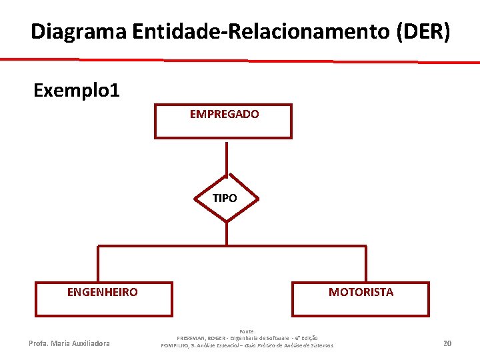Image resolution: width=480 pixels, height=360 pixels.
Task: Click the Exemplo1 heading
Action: tap(77, 90)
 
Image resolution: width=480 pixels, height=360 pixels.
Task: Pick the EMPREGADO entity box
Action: tap(223, 127)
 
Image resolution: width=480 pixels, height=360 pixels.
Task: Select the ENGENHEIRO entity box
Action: tap(103, 303)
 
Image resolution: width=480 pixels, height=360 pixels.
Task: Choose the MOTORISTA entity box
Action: tap(361, 303)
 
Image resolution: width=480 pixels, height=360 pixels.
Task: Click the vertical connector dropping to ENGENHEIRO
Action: tap(98, 263)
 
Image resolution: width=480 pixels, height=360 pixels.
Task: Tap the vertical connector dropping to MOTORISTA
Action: tap(365, 263)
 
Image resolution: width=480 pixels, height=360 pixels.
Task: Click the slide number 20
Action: tap(447, 343)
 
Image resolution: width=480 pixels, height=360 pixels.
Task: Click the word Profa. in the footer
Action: tap(39, 344)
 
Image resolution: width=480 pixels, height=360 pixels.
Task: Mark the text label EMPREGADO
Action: tap(225, 115)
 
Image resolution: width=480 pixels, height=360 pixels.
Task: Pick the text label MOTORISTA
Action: tap(361, 292)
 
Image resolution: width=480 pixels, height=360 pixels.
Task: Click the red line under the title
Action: tap(240, 61)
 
